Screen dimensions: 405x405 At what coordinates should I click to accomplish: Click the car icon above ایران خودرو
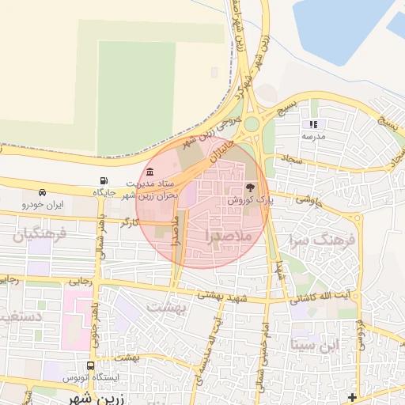click(x=42, y=192)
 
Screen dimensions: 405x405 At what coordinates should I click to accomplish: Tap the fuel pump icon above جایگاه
click(x=104, y=181)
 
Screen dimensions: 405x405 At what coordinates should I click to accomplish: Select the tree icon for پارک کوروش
click(x=250, y=188)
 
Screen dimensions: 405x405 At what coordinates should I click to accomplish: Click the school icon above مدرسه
click(x=313, y=124)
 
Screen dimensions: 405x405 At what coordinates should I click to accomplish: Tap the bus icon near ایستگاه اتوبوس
click(x=91, y=366)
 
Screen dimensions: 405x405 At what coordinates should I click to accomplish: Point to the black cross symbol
click(x=352, y=396)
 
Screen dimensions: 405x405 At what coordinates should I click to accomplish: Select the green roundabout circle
click(x=252, y=124)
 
